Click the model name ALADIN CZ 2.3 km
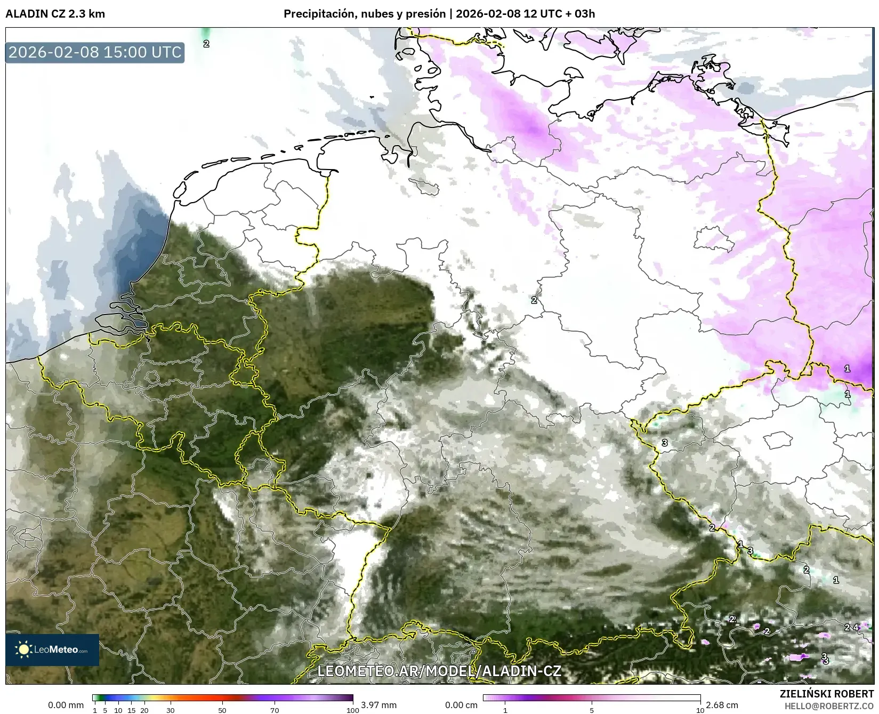(x=55, y=14)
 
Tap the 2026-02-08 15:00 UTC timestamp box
(x=95, y=52)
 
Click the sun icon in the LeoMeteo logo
(x=24, y=649)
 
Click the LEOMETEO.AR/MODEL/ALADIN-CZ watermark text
(x=439, y=671)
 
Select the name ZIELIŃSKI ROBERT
(x=827, y=694)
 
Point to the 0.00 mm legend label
(x=66, y=705)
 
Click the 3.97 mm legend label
(x=378, y=705)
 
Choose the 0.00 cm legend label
(x=461, y=705)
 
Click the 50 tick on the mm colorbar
(x=222, y=710)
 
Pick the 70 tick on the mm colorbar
(x=275, y=710)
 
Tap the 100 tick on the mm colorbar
(x=352, y=710)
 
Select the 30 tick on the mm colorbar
(x=171, y=710)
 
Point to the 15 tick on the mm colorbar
(x=131, y=710)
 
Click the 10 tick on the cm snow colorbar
(x=700, y=710)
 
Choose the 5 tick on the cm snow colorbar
(x=592, y=710)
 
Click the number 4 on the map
(x=856, y=628)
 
